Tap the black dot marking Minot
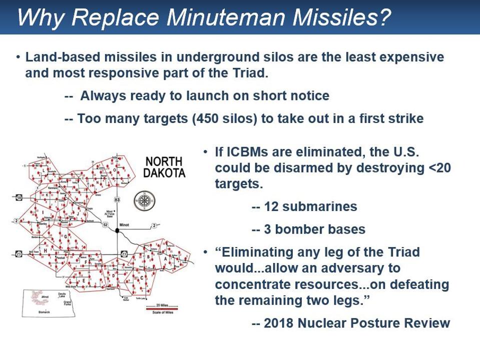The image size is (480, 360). (x=118, y=230)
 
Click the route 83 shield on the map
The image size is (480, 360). (x=117, y=199)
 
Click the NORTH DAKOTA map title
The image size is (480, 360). (x=164, y=167)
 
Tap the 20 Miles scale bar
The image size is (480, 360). (x=161, y=308)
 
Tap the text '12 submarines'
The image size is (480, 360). (x=304, y=206)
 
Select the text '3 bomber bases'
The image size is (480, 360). (x=308, y=229)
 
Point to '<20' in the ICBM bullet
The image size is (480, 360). (x=440, y=167)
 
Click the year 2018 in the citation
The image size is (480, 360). (x=278, y=323)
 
